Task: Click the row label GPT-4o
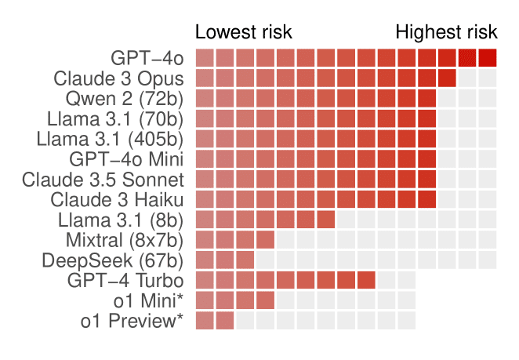(x=147, y=58)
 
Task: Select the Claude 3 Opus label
(x=118, y=78)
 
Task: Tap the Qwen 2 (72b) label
(x=124, y=99)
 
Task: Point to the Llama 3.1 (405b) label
(x=110, y=139)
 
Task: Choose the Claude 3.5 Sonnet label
(x=103, y=180)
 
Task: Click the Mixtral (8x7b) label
(x=125, y=240)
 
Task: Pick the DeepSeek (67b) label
(x=113, y=260)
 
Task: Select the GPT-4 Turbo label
(x=125, y=281)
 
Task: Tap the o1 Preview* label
(x=132, y=321)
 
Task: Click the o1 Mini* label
(x=148, y=300)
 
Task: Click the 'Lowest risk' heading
(x=244, y=32)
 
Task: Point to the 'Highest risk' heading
(x=446, y=32)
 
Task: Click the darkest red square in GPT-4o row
(x=488, y=57)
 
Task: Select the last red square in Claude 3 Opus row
(x=447, y=78)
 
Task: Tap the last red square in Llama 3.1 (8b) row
(x=326, y=220)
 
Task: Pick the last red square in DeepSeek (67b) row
(x=245, y=260)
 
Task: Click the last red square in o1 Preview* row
(x=225, y=320)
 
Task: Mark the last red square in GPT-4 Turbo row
(x=366, y=280)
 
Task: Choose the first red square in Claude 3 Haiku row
(x=205, y=199)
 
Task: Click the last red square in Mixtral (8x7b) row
(x=266, y=239)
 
